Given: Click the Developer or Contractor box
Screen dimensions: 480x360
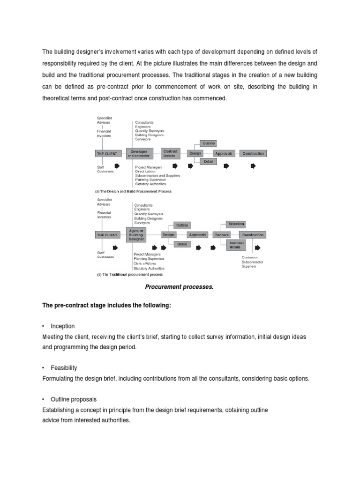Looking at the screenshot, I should click(x=140, y=153).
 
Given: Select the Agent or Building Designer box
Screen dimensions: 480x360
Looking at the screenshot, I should click(x=135, y=234).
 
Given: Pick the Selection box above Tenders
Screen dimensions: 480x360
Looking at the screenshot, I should click(x=235, y=225).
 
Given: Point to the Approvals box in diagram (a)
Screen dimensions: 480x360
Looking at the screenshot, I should click(x=224, y=153).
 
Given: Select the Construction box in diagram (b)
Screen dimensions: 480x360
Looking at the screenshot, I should click(x=252, y=234).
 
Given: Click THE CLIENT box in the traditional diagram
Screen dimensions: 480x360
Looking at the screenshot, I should click(x=107, y=234).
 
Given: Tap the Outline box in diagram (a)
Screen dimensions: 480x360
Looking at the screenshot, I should click(x=208, y=143).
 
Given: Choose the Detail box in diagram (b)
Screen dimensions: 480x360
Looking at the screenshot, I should click(x=181, y=244).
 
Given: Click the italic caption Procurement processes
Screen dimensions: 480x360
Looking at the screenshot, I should click(x=180, y=287).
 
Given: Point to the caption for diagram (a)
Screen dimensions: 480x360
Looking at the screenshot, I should click(x=134, y=191).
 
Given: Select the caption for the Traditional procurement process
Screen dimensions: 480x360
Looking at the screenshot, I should click(x=130, y=275).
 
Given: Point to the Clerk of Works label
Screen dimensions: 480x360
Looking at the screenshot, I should click(x=146, y=263).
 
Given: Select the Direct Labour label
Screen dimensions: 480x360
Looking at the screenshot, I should click(x=146, y=171).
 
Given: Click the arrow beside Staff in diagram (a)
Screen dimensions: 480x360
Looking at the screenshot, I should click(x=117, y=166).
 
